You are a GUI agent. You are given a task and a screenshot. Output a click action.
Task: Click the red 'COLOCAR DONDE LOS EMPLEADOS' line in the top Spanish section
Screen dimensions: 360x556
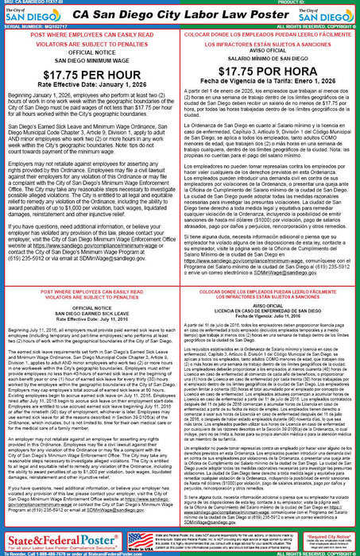pyautogui.click(x=270, y=44)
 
